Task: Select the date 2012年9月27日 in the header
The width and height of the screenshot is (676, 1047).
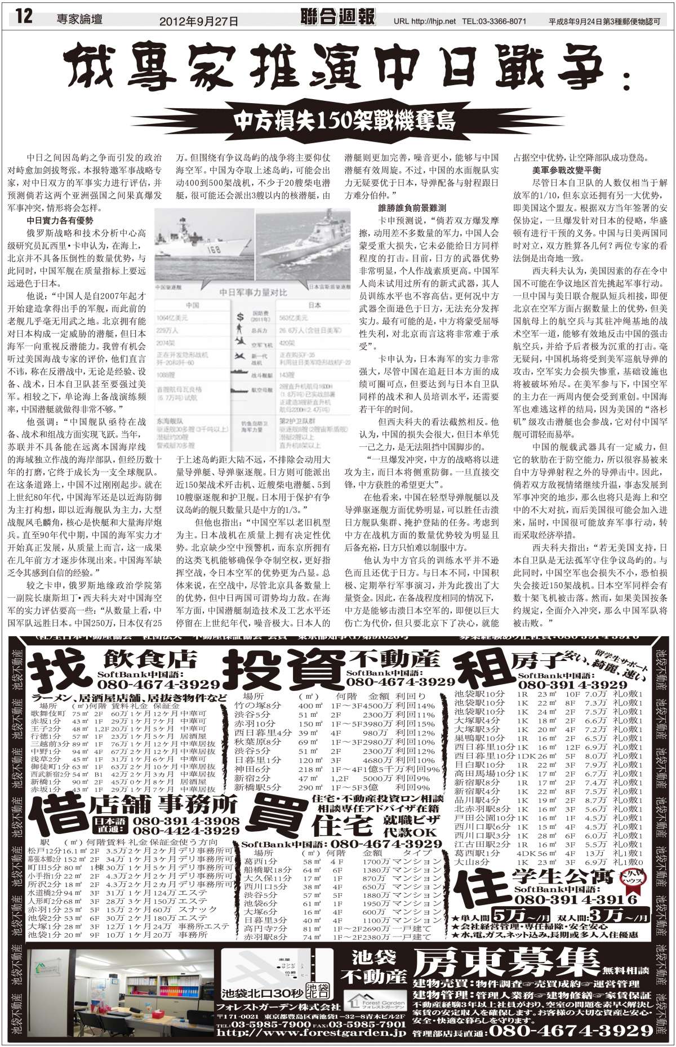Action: click(x=199, y=21)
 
